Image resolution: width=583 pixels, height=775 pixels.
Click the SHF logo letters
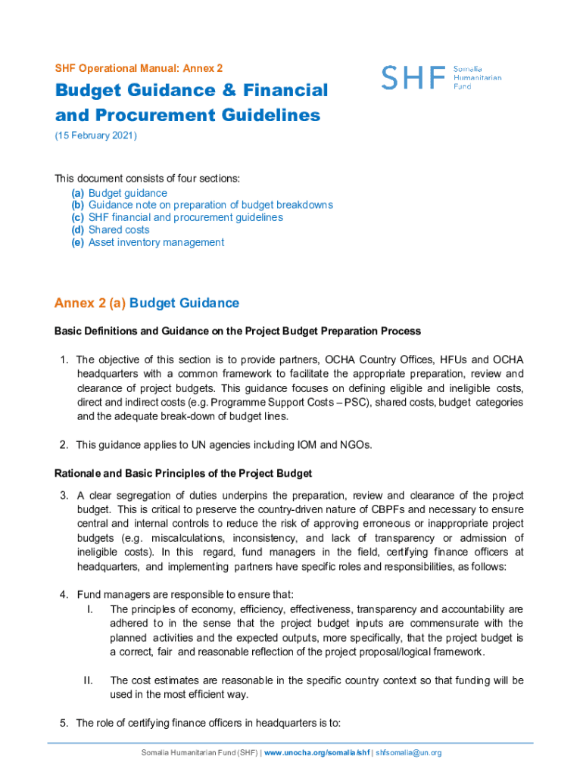[x=413, y=77]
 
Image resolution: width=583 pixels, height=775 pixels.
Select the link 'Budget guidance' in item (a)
[x=128, y=193]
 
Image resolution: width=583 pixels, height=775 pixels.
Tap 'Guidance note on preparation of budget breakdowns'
[x=210, y=205]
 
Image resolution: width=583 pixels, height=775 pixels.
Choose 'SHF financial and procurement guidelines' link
[x=185, y=217]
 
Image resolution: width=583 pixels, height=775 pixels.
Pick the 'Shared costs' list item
[x=119, y=229]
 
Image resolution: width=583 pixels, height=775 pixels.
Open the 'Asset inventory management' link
[x=156, y=242]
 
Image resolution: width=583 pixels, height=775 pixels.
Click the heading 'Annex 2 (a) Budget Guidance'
[x=146, y=303]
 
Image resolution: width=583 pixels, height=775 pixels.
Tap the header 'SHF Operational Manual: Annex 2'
[x=139, y=68]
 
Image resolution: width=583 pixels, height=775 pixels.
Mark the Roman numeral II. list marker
[x=88, y=680]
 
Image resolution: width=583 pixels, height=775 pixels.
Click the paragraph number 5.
[x=64, y=723]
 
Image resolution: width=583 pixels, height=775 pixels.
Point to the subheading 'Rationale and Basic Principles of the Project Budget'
[x=182, y=474]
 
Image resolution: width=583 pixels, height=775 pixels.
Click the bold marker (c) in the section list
[x=78, y=217]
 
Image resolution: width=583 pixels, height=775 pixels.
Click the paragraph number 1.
[x=64, y=359]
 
